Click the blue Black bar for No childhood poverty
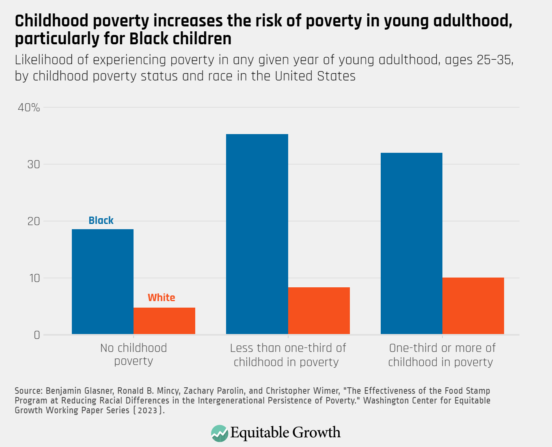(103, 282)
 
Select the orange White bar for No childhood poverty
(164, 321)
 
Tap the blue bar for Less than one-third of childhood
(257, 234)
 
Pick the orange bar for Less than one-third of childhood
(319, 311)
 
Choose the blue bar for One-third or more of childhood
(411, 243)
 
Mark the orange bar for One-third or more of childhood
(473, 306)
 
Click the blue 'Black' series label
(101, 220)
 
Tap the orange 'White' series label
(161, 297)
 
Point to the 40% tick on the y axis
(29, 108)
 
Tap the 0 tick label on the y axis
(37, 335)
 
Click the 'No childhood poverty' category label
(134, 354)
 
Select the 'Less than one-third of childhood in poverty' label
(287, 355)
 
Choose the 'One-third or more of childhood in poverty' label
(442, 355)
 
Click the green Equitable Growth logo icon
(220, 433)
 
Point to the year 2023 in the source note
(147, 410)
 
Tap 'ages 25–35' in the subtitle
(479, 60)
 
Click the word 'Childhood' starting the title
(51, 21)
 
